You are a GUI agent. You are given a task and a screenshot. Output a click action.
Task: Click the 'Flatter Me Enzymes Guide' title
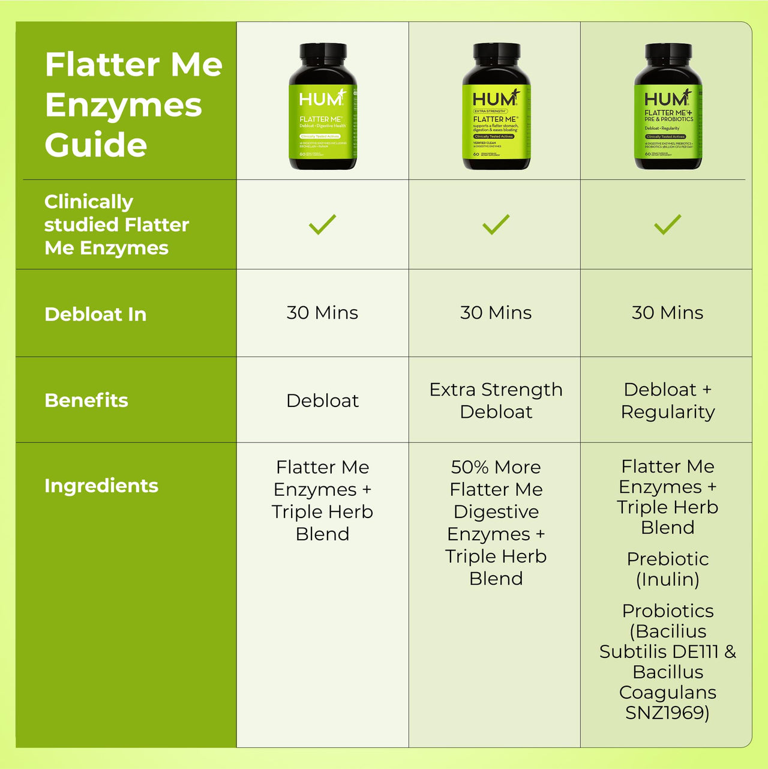pos(133,104)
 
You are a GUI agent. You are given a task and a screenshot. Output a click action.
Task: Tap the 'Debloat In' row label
pos(95,314)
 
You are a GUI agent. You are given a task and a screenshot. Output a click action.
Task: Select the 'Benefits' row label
pos(86,400)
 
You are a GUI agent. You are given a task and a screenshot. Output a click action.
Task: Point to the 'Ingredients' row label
pos(101,486)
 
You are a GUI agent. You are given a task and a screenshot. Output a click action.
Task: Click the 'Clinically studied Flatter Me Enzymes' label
pos(116,225)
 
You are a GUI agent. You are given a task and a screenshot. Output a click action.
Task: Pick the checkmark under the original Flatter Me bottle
pos(322,225)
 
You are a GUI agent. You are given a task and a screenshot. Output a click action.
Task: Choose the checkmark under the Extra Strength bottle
pos(496,225)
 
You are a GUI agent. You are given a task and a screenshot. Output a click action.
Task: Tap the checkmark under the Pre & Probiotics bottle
pos(667,225)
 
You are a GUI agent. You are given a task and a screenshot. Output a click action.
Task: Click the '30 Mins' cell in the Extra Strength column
pos(496,313)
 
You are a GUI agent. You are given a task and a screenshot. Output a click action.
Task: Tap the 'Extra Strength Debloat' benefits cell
pos(496,400)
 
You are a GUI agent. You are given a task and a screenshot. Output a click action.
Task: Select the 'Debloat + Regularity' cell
pos(667,400)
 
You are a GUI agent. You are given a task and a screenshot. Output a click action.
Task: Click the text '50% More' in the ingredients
pos(496,467)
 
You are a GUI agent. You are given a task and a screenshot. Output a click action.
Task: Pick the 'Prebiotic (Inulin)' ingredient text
pos(667,569)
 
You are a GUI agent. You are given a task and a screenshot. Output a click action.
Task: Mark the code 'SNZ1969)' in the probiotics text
pos(667,713)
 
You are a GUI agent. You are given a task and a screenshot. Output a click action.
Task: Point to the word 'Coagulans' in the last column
pos(667,693)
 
